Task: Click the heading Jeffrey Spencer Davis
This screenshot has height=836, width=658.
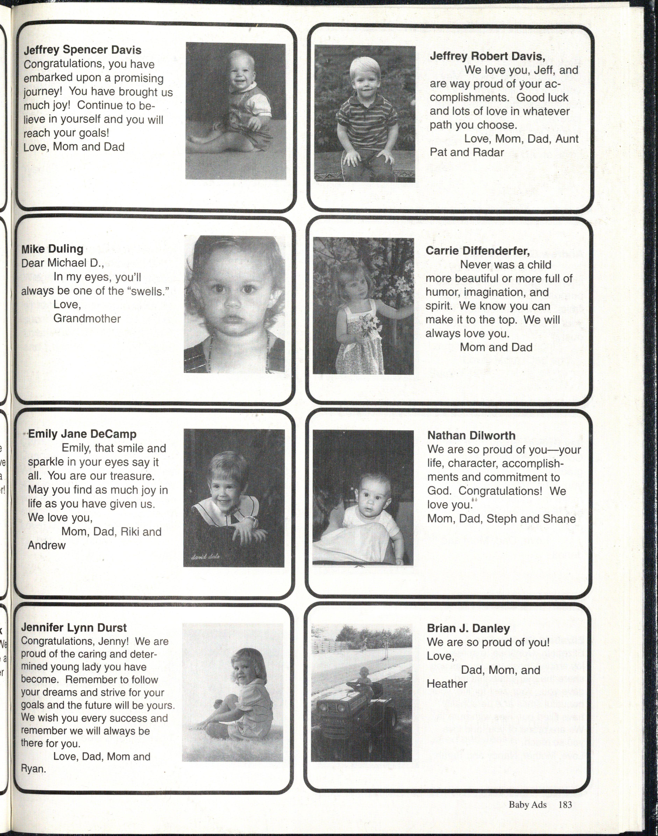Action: point(83,50)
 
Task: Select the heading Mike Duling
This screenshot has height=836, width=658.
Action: point(52,249)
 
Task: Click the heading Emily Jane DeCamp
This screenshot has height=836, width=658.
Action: point(83,434)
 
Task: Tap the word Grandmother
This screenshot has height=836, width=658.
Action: point(87,319)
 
